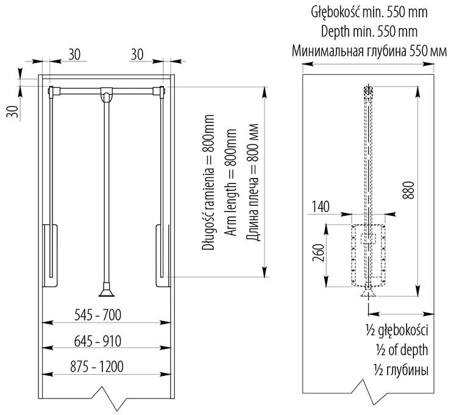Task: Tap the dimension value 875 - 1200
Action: coord(98,366)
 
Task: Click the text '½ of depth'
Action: coord(397,350)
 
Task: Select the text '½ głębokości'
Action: coord(397,331)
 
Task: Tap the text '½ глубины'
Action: coord(397,370)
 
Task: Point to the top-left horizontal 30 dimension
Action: coord(74,54)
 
